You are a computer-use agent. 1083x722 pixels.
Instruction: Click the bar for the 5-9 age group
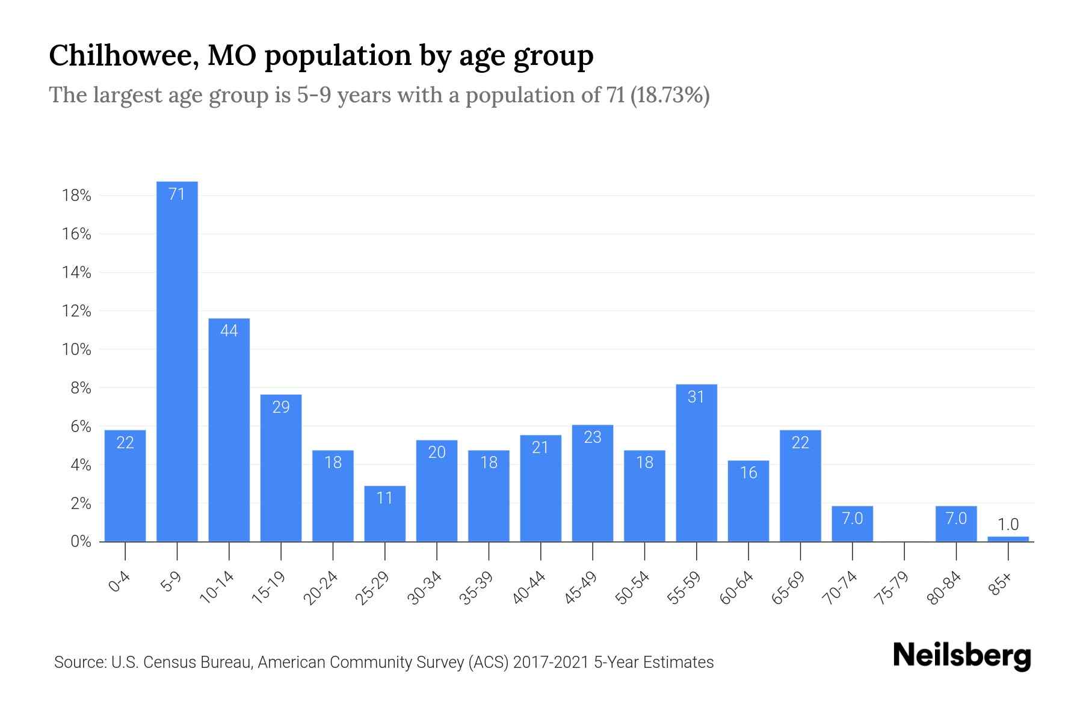(x=177, y=361)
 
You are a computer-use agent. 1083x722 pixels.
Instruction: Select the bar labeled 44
(x=229, y=430)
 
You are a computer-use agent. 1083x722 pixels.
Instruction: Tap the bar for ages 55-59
(x=696, y=463)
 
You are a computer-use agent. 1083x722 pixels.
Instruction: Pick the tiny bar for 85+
(x=1008, y=538)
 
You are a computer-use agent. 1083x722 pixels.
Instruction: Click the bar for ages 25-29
(x=385, y=514)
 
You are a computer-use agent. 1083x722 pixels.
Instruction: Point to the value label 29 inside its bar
(x=281, y=407)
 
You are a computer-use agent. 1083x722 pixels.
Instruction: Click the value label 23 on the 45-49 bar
(x=593, y=437)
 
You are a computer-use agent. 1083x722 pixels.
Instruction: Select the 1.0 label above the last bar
(x=1008, y=524)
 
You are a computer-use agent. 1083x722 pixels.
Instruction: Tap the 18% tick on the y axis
(x=76, y=196)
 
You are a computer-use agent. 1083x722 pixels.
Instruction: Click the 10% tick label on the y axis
(x=76, y=350)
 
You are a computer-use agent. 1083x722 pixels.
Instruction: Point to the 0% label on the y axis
(x=81, y=541)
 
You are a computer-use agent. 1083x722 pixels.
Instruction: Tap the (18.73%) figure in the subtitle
(x=670, y=95)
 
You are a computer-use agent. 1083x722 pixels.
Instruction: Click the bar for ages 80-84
(x=956, y=524)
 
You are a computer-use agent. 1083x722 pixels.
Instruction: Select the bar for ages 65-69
(x=800, y=486)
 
